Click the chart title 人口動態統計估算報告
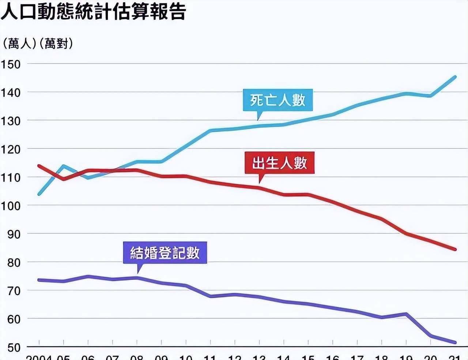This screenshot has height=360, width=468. (93, 11)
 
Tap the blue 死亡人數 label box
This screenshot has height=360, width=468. (278, 100)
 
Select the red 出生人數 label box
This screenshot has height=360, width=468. (280, 163)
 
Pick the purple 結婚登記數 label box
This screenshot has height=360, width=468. (165, 252)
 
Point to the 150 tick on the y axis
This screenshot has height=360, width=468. (11, 64)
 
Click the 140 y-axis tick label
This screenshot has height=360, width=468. (11, 93)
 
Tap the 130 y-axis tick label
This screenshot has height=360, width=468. (11, 121)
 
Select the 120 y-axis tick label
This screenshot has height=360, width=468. (11, 149)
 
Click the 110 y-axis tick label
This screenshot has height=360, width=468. (11, 178)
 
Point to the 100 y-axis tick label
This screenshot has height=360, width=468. (11, 206)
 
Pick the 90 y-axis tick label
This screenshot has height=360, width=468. (14, 234)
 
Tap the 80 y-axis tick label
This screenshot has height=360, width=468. (14, 262)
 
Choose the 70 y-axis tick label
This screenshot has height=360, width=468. (14, 291)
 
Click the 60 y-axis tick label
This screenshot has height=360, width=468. (14, 319)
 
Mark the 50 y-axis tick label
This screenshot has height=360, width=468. (14, 347)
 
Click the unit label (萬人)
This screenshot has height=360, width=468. (19, 44)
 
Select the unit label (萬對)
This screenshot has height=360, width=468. (56, 44)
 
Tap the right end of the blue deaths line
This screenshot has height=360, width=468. (455, 77)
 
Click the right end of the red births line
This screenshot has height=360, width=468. (455, 250)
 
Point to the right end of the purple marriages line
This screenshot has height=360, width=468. (455, 342)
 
